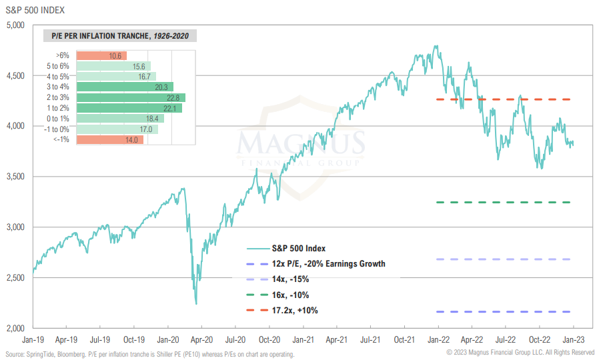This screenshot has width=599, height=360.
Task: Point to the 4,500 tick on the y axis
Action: click(14, 76)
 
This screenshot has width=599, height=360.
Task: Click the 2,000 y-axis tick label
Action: click(14, 328)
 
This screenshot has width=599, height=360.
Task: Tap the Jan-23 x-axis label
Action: click(575, 339)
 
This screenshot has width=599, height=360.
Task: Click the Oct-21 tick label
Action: click(406, 339)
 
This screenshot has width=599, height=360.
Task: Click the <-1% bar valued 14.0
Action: click(110, 140)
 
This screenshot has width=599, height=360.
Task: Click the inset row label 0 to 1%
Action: click(59, 118)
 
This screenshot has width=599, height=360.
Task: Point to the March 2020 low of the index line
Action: click(195, 303)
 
